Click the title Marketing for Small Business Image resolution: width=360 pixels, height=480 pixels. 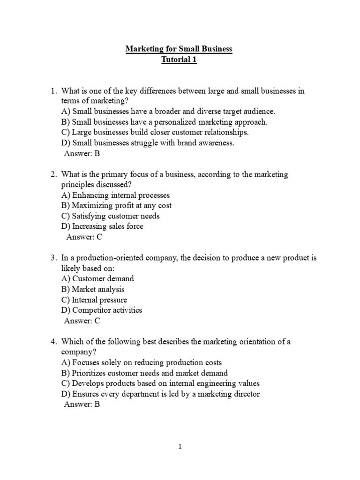pos(179,49)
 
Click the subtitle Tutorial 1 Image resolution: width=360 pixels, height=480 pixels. pos(179,60)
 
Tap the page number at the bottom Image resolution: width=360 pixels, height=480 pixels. pos(180,447)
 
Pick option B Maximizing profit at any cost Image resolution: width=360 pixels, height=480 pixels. pos(116,205)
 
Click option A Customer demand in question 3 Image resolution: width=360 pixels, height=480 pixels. pos(97,278)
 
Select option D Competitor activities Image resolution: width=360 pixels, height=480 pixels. pos(101,310)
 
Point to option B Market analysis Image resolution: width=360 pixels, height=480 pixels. pos(93,289)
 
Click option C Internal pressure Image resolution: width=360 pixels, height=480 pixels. pos(94,300)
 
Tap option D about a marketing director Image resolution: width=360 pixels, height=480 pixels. pos(160,394)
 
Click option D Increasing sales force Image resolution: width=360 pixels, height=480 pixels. pos(102,226)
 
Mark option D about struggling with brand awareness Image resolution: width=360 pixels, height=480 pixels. pos(148,143)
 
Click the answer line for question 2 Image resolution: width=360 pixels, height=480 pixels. pos(84,237)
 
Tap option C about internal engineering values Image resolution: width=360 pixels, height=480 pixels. pos(160,383)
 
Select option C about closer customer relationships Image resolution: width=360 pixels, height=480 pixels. pos(155,132)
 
